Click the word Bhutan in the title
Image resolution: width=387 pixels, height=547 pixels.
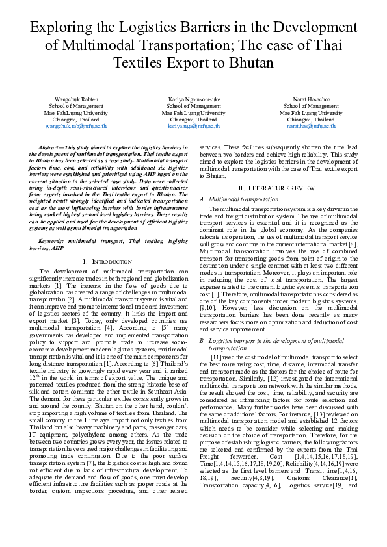point(250,63)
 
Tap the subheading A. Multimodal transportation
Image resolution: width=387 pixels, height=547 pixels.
point(234,198)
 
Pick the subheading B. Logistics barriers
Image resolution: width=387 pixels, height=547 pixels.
point(269,340)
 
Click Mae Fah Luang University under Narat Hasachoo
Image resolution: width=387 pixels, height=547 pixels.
point(310,112)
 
